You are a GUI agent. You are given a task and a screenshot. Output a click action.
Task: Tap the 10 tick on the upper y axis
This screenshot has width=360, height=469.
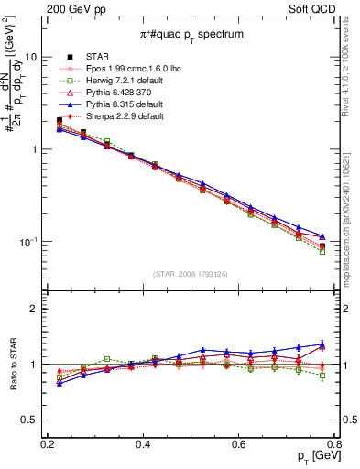click(x=30, y=56)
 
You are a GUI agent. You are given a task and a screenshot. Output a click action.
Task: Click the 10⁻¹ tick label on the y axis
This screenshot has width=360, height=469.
click(x=27, y=242)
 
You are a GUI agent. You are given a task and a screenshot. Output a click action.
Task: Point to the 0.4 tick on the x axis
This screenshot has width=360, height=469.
click(x=143, y=443)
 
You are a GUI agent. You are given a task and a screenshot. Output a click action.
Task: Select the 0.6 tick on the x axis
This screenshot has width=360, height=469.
click(x=238, y=443)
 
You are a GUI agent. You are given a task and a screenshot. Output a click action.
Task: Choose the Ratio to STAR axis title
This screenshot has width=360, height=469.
click(x=11, y=365)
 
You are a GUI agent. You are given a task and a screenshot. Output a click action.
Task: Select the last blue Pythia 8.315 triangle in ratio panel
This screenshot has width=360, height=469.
click(x=322, y=344)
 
